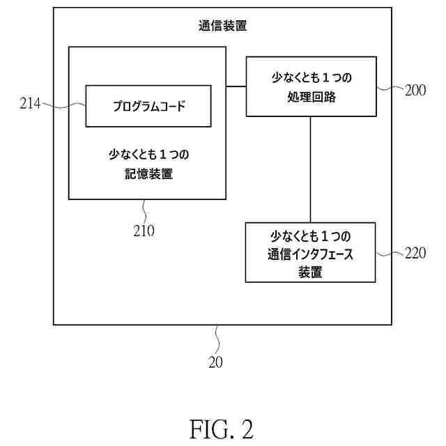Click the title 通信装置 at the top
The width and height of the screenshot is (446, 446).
point(222,28)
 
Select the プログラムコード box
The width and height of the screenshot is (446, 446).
point(148,106)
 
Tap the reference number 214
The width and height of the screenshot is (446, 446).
point(29,105)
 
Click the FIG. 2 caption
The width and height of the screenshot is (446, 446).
point(222,429)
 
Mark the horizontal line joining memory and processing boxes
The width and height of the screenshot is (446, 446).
point(236,86)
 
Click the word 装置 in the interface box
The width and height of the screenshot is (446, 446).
point(310,272)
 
